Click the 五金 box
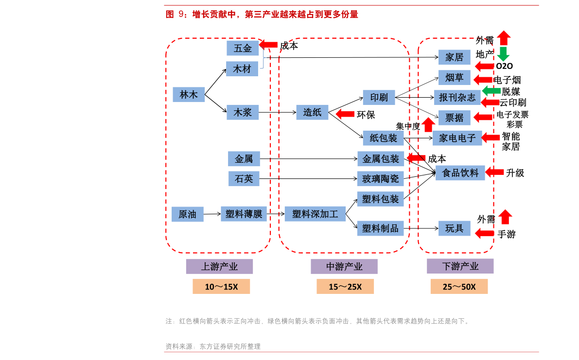(x=243, y=48)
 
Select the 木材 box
(x=242, y=69)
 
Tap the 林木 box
(x=189, y=95)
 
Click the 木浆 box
(x=243, y=112)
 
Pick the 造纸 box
(x=312, y=112)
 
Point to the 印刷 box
(x=379, y=97)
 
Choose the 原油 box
(x=187, y=214)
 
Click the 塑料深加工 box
(x=315, y=214)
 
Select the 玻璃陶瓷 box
(x=380, y=179)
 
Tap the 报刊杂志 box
(x=457, y=97)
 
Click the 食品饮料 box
(x=460, y=172)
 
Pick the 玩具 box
(x=454, y=228)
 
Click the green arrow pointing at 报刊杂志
(x=491, y=91)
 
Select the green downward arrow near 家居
(x=503, y=54)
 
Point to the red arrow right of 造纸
(x=345, y=114)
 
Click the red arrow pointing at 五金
(x=268, y=44)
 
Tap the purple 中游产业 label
(x=344, y=266)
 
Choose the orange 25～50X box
(x=459, y=287)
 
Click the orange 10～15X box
(x=221, y=287)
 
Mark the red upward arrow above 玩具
(x=505, y=217)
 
